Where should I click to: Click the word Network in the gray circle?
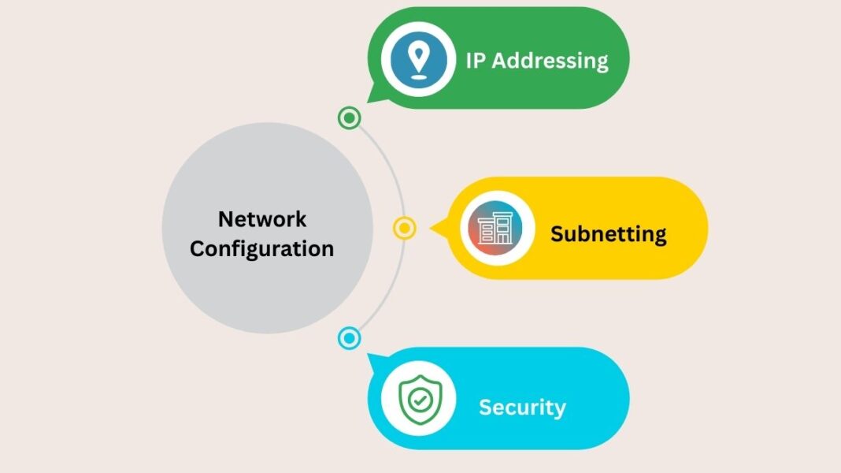point(262,219)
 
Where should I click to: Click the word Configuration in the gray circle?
point(262,249)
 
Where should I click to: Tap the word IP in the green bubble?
point(475,61)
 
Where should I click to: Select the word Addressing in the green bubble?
point(550,61)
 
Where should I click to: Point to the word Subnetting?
point(608,234)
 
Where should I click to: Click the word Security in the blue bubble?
point(522,408)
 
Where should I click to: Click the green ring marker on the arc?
point(349,118)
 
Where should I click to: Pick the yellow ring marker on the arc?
point(404,229)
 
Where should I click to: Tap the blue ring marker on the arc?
point(349,339)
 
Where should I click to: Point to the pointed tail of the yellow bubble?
point(434,229)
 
